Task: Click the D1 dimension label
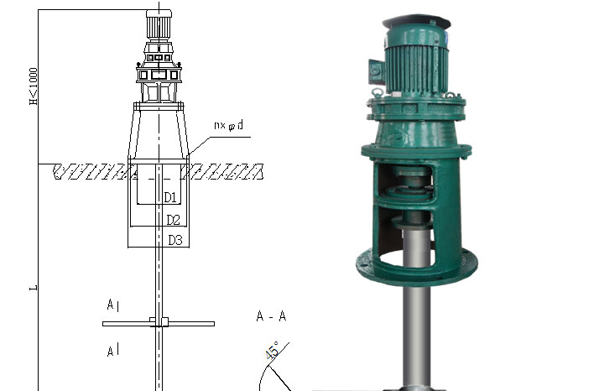point(170,197)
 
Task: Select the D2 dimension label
point(173,220)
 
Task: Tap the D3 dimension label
point(175,240)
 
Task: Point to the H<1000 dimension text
point(34,86)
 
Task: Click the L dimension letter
point(34,287)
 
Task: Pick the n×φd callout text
point(228,125)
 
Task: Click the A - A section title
point(271,316)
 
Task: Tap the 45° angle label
point(272,351)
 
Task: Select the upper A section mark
point(111,305)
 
